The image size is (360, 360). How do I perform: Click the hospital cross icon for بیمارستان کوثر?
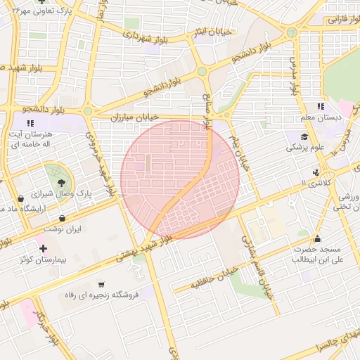44,248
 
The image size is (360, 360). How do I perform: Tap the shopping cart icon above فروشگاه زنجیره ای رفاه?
102,284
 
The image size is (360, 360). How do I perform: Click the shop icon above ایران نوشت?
65,217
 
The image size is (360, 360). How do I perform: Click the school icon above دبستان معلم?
321,106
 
